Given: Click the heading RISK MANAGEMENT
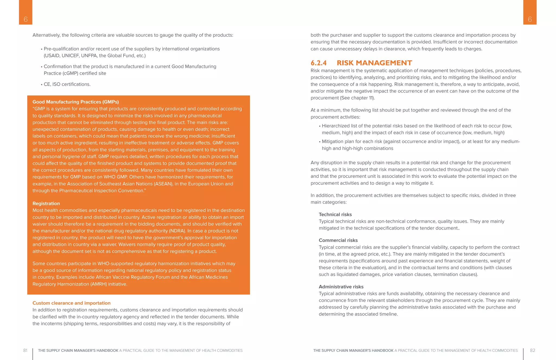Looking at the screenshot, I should pos(374,63).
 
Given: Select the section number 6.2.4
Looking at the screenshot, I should pos(318,63).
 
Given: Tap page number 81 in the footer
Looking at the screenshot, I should pos(25,350).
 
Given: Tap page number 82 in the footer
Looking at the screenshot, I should pos(532,350).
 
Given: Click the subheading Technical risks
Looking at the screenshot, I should pos(335,215).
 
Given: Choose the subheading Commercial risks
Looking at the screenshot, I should pos(338,240).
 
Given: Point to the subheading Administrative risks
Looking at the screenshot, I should pos(341,287).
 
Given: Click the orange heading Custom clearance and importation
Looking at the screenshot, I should pos(71,303).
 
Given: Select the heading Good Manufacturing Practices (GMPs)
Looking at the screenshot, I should pos(75,102).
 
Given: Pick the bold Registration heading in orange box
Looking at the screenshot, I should pos(46,204).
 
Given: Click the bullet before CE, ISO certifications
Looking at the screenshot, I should pos(42,85).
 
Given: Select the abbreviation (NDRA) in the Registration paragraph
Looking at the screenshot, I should pos(177,231).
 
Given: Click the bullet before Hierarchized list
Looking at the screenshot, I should pos(320,126).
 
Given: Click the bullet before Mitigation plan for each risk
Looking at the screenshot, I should pos(320,142).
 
